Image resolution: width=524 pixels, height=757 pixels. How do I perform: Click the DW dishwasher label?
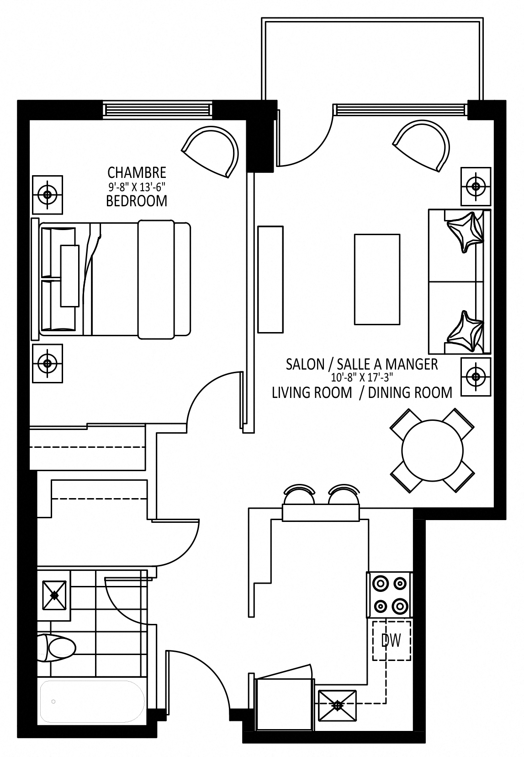pos(392,640)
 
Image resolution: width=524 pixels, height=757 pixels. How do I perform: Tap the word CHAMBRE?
pos(137,173)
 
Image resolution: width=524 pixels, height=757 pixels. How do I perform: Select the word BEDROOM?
pos(137,201)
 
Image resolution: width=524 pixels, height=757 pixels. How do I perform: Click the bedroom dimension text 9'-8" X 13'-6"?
pos(137,187)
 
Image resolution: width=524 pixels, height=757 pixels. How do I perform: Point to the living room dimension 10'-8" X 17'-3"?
pos(362,377)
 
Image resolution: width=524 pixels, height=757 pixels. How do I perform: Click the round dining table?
pos(433,450)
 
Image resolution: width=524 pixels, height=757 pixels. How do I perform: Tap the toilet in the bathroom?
pos(56,648)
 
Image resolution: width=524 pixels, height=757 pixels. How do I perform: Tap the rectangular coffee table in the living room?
pos(377,279)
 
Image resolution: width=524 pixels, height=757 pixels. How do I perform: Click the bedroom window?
pos(158,110)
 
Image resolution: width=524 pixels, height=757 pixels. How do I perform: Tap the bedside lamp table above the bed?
pos(47,195)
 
